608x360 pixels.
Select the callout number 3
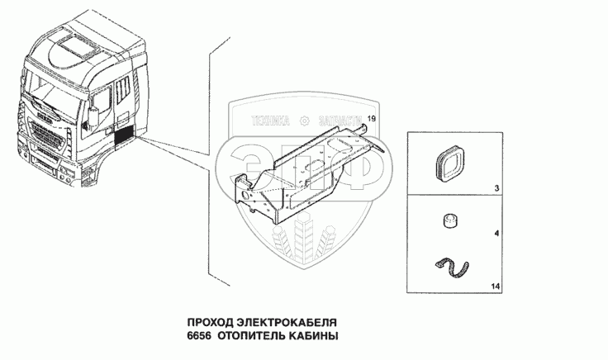click(496, 190)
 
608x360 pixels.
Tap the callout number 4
click(496, 235)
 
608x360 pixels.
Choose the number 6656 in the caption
click(202, 337)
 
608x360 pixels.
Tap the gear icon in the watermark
click(304, 121)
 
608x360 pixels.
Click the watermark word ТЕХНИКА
click(271, 121)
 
